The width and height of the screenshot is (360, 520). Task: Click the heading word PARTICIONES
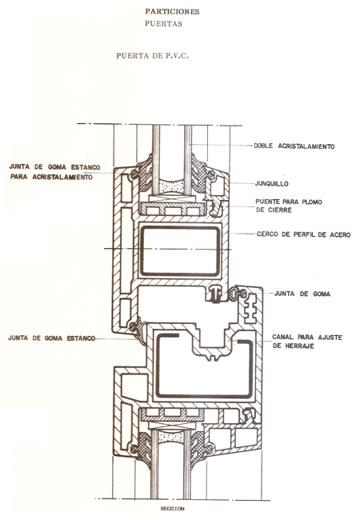(172, 12)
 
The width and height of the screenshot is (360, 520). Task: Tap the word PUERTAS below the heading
(163, 24)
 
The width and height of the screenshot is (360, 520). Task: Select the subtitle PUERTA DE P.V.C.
(153, 56)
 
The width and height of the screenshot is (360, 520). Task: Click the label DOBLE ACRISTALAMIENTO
(294, 146)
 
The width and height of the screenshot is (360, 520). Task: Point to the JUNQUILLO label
(271, 184)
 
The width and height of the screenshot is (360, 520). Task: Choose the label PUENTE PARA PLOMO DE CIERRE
(288, 206)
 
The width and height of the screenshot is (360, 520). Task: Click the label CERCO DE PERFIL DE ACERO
(303, 234)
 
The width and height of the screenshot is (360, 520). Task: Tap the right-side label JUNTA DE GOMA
(302, 294)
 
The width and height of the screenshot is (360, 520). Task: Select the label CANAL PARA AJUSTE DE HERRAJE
(307, 342)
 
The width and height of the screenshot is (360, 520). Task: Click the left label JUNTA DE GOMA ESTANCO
(52, 338)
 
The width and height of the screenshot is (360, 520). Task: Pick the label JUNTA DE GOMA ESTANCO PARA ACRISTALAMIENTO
(54, 172)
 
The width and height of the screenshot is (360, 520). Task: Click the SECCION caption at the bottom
(172, 508)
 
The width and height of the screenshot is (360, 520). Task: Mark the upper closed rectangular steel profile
(142, 251)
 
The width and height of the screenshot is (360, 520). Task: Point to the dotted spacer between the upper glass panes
(171, 186)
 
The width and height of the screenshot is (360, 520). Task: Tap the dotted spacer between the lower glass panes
(170, 436)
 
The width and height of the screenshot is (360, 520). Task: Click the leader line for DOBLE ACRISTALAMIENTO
(221, 145)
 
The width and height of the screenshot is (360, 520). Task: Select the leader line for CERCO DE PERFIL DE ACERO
(242, 234)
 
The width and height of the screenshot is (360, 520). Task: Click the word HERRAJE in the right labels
(300, 346)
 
